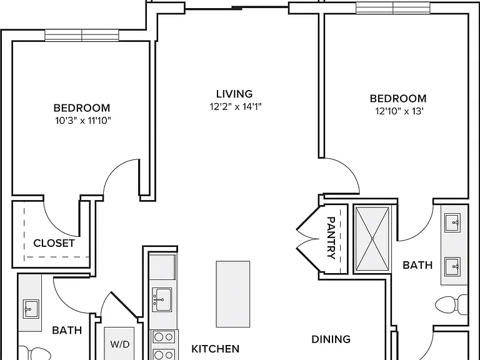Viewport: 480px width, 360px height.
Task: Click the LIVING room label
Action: coord(234,94)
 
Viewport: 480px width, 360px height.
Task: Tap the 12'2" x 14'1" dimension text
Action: coord(236,107)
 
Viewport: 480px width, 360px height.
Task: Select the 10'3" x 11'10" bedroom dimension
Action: coord(82,121)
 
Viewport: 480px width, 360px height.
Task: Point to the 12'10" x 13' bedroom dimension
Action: coord(399,111)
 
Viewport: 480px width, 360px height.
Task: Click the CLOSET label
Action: coord(54,243)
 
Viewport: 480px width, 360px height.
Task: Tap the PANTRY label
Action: coord(331,238)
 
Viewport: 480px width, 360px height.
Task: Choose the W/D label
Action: coord(120,344)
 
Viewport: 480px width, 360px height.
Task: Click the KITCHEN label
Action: coord(215,349)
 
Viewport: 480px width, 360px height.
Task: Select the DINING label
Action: coord(331,339)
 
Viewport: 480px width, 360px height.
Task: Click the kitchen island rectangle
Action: coord(233,294)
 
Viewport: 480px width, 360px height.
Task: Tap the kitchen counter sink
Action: coord(162,300)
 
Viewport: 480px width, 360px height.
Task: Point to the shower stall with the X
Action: coord(372,239)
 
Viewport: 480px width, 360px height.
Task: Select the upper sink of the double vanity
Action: coord(452,223)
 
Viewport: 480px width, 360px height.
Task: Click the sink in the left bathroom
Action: coord(31,309)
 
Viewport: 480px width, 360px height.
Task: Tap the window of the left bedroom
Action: coord(82,36)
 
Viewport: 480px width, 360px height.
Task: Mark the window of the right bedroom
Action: coord(392,8)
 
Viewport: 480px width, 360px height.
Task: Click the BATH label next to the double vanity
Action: coord(417,265)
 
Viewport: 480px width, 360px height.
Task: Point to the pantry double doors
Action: coord(307,239)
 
